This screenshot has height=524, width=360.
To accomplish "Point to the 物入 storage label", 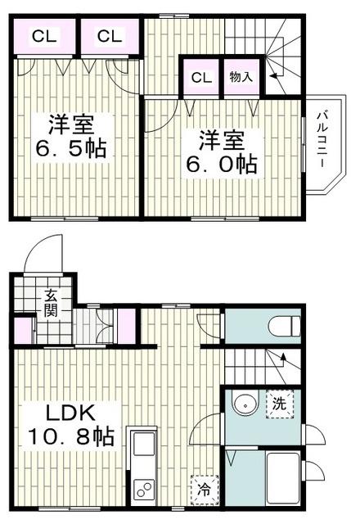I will (241, 78).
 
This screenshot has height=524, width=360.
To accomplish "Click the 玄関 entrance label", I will (50, 304).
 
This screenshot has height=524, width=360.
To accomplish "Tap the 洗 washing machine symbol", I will (279, 404).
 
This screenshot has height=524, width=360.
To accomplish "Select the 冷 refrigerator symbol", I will (202, 490).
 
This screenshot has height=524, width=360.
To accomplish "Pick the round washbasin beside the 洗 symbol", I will (242, 404).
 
